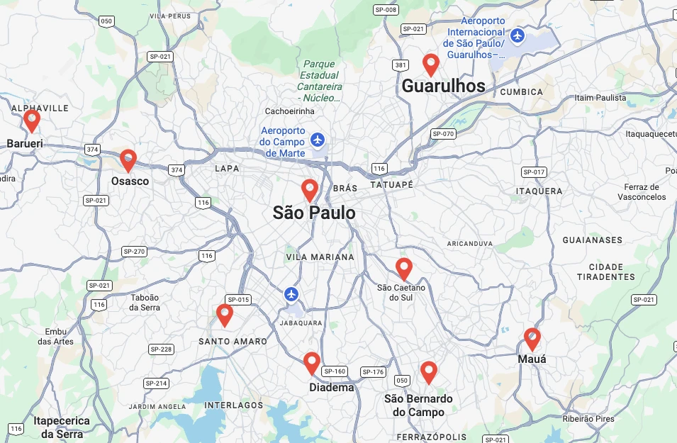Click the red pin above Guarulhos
coord(430,64)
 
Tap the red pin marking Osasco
coord(128,159)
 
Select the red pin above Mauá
coord(532,338)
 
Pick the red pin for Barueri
coord(31,120)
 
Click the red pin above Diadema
coord(311,362)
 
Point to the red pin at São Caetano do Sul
coord(403,268)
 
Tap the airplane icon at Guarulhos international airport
coord(518,34)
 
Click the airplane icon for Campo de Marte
coord(317,139)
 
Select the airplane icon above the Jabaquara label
coord(291,293)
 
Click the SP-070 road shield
coord(443,133)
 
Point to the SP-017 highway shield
coord(534,172)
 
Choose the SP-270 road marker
coord(134,251)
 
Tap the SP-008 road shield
coord(386,9)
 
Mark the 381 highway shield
coord(401,65)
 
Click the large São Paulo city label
coord(314,213)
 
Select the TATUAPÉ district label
coord(391,184)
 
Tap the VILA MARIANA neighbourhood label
coord(320,257)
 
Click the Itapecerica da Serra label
coord(62,427)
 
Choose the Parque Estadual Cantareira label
coord(319,81)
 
